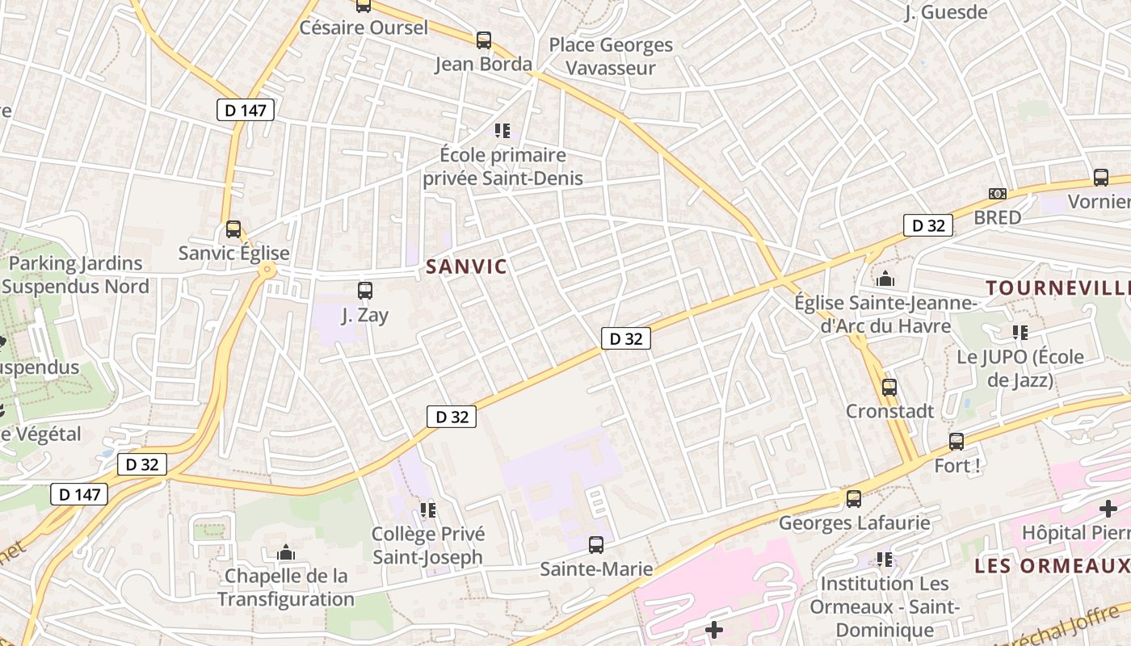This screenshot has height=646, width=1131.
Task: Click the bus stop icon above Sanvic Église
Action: (233, 229)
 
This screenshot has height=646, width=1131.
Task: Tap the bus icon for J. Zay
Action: (365, 291)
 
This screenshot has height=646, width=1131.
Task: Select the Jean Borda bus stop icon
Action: (484, 40)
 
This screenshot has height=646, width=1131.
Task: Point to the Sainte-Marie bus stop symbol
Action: (596, 545)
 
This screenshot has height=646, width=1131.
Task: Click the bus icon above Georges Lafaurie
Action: (854, 499)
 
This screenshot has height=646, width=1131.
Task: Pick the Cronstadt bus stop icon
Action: (889, 388)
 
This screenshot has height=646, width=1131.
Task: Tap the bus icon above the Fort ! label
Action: (957, 442)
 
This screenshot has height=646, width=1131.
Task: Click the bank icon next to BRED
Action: (998, 194)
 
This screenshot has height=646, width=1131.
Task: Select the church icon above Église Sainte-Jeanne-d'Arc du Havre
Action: (885, 279)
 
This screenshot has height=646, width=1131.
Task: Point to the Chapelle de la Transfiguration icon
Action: (285, 552)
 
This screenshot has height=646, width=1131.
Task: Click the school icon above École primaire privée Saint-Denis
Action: (502, 130)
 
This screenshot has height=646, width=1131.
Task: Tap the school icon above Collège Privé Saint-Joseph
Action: (427, 510)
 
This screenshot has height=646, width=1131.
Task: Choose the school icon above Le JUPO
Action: (1020, 332)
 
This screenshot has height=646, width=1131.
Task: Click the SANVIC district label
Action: (466, 266)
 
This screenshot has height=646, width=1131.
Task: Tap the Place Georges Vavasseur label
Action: (611, 57)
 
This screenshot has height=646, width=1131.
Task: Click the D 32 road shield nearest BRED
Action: (928, 226)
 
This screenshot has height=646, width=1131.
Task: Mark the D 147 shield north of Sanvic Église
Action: (246, 111)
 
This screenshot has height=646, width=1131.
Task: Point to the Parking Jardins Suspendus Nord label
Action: (75, 275)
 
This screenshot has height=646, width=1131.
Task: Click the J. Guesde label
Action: (947, 12)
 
